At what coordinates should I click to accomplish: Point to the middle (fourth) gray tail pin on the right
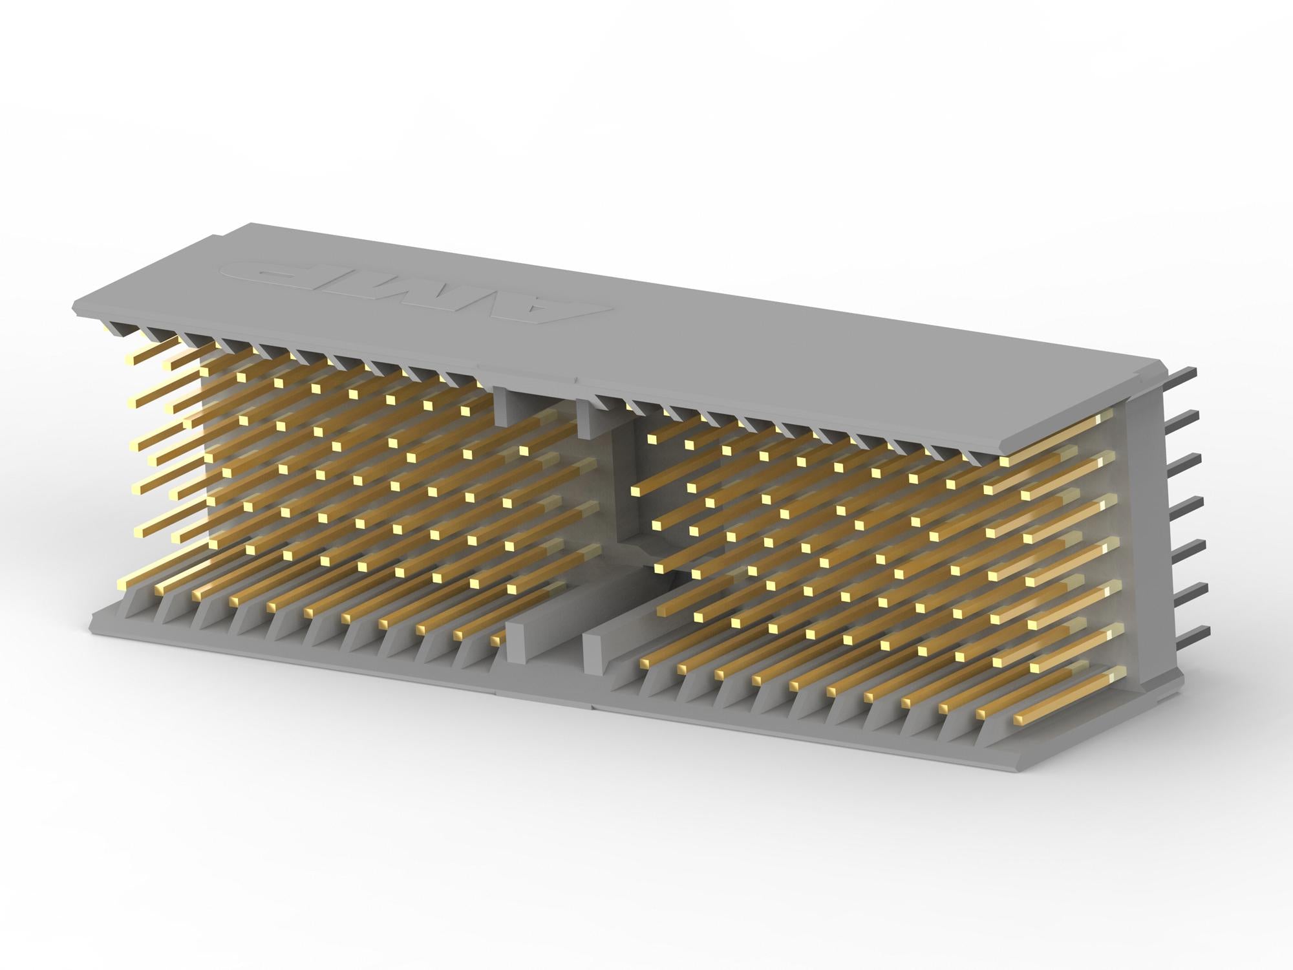1187,502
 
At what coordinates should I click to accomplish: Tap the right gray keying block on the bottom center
598,647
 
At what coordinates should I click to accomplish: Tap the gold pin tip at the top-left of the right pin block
652,438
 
